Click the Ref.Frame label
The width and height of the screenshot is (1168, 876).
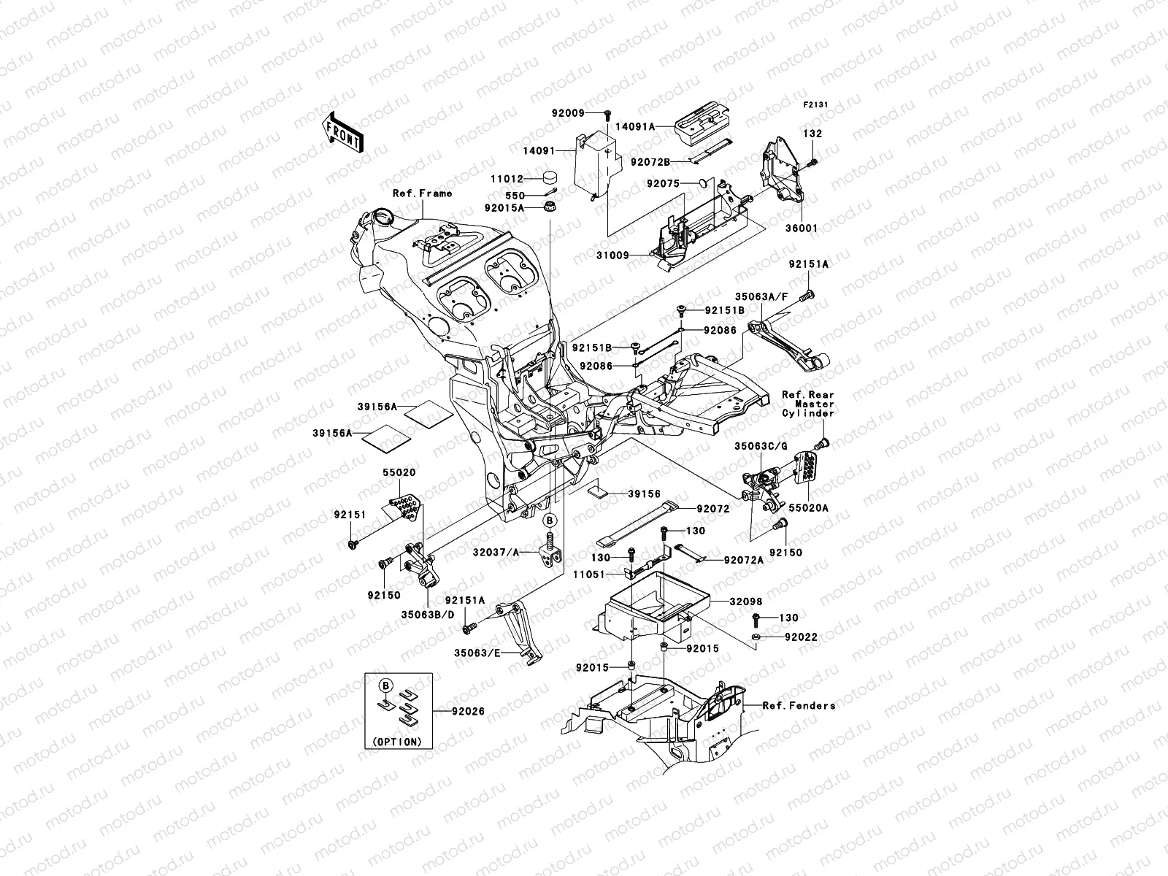click(x=422, y=193)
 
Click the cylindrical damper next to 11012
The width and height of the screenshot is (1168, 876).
click(x=552, y=178)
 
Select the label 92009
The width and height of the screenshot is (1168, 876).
click(x=568, y=114)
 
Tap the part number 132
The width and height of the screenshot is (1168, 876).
click(x=812, y=134)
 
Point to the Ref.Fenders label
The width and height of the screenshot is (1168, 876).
click(x=799, y=706)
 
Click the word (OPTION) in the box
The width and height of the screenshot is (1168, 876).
click(x=397, y=741)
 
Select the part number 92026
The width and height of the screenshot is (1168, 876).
click(x=467, y=711)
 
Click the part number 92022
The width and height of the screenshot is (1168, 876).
click(x=801, y=637)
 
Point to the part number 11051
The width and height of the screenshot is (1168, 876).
click(x=588, y=575)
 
